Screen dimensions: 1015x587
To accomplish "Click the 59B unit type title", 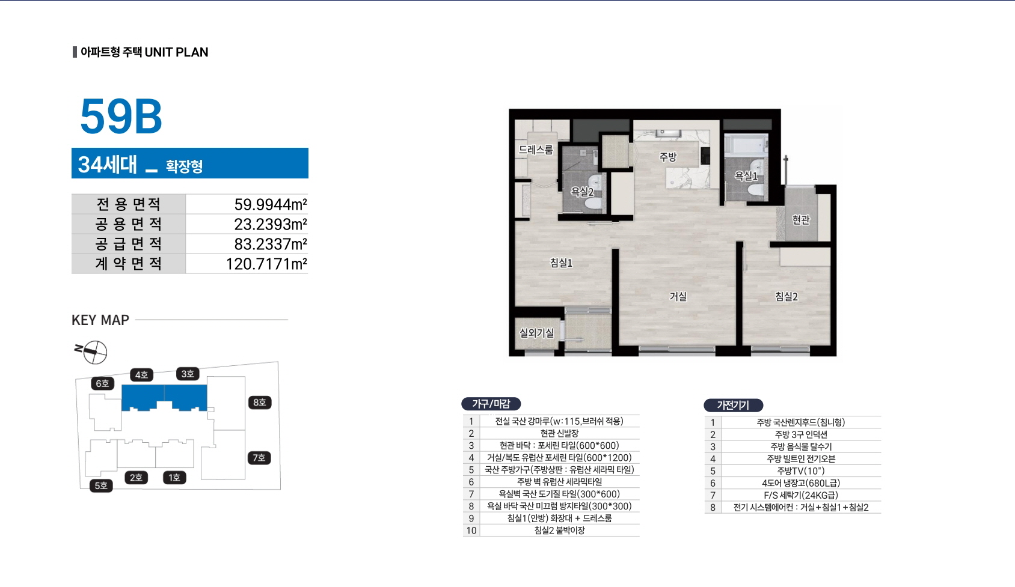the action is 121,116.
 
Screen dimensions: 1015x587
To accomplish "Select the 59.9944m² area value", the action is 271,204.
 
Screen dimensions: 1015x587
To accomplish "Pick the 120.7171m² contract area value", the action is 266,264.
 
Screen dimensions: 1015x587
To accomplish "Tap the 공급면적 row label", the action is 128,244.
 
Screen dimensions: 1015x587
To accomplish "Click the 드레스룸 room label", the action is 536,150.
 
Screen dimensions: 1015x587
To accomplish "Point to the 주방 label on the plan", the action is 667,157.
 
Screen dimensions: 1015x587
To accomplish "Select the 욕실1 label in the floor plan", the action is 746,175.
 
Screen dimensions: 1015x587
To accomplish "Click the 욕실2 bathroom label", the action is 582,192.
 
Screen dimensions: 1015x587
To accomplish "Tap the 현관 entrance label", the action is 801,220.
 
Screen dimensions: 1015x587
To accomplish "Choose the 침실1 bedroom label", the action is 561,263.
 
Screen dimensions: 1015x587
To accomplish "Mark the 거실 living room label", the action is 678,296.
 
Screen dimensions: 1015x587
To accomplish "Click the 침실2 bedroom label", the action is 786,296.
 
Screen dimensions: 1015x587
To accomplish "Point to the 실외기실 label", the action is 536,333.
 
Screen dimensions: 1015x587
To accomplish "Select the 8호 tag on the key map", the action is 260,402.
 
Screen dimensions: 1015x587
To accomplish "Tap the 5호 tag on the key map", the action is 101,485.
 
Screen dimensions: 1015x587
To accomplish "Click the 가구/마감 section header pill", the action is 491,404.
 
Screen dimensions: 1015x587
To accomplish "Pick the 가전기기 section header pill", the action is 733,405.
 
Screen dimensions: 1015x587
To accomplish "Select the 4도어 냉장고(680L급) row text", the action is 801,483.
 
